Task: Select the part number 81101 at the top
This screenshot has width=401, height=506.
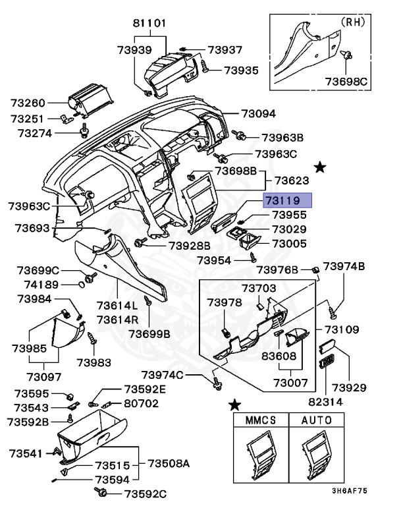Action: (x=150, y=22)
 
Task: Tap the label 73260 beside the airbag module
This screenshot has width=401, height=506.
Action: (x=28, y=103)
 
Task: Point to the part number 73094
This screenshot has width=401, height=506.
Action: (x=258, y=113)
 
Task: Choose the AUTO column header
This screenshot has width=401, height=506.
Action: (x=317, y=419)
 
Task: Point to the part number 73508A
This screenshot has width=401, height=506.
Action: (x=168, y=464)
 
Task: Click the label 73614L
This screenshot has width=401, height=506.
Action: (x=117, y=306)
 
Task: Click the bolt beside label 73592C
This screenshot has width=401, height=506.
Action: (x=102, y=493)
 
